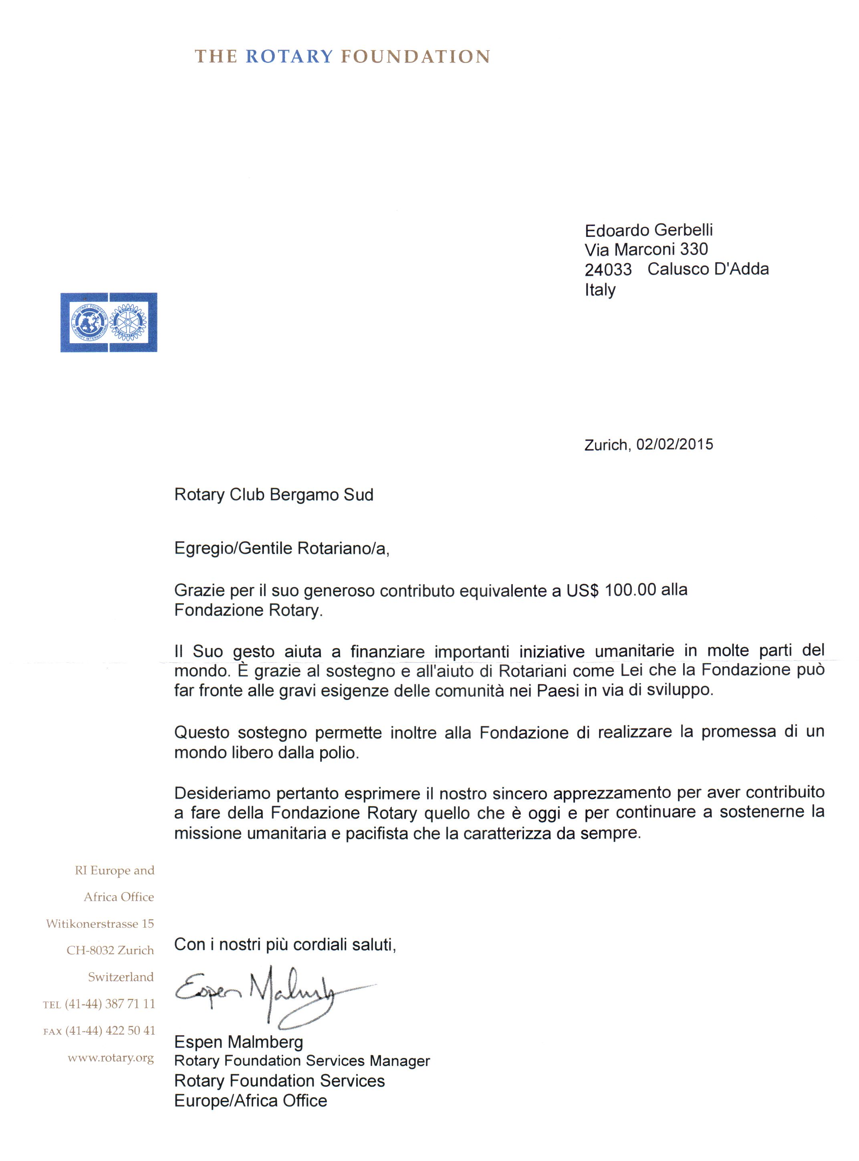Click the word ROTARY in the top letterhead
pos(289,56)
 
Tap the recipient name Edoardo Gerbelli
pos(648,230)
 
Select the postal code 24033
pos(608,269)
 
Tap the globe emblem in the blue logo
pos(89,322)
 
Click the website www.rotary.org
pos(111,1058)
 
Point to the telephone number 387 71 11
pos(130,1004)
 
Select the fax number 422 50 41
pos(130,1030)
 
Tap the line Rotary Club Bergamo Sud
pos(274,494)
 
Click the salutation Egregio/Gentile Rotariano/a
pos(281,548)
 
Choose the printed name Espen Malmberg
pos(238,1042)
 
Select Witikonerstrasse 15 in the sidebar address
pos(100,924)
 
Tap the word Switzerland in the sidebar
pos(121,977)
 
